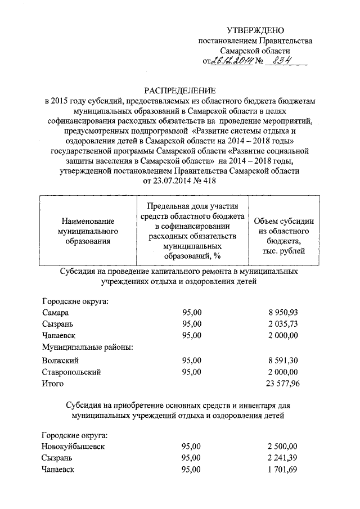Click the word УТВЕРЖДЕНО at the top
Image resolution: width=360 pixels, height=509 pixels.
tap(255, 30)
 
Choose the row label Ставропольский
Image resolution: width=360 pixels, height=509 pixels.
tap(71, 372)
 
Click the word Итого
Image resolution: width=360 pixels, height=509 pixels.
tap(53, 384)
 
